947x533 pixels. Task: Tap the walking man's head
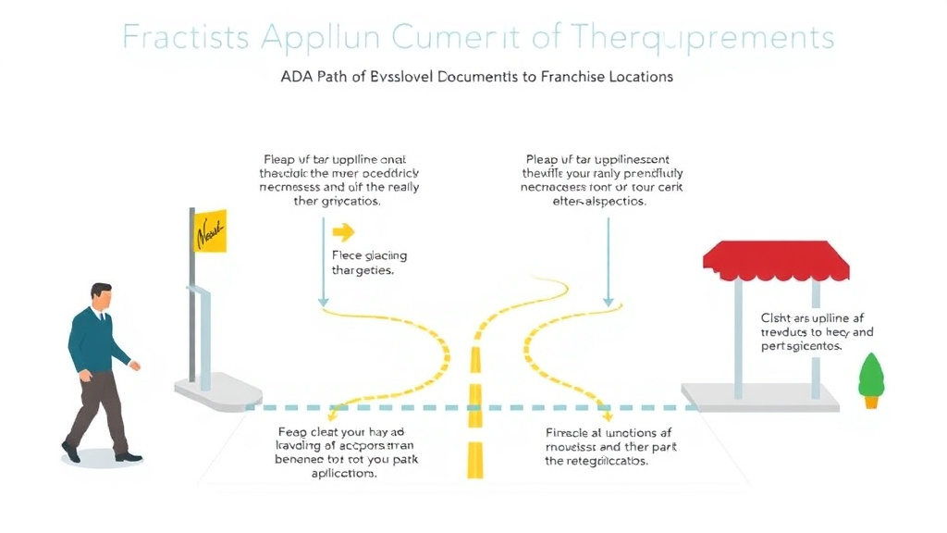pyautogui.click(x=102, y=298)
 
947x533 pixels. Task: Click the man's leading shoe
pyautogui.click(x=128, y=456)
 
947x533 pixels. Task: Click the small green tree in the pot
pyautogui.click(x=870, y=374)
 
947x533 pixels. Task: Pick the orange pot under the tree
pyautogui.click(x=870, y=401)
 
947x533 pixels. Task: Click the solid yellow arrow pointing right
pyautogui.click(x=343, y=232)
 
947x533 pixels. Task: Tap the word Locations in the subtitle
pyautogui.click(x=641, y=77)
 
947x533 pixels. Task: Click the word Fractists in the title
pyautogui.click(x=185, y=39)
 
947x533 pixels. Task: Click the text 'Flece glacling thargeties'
pyautogui.click(x=369, y=263)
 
